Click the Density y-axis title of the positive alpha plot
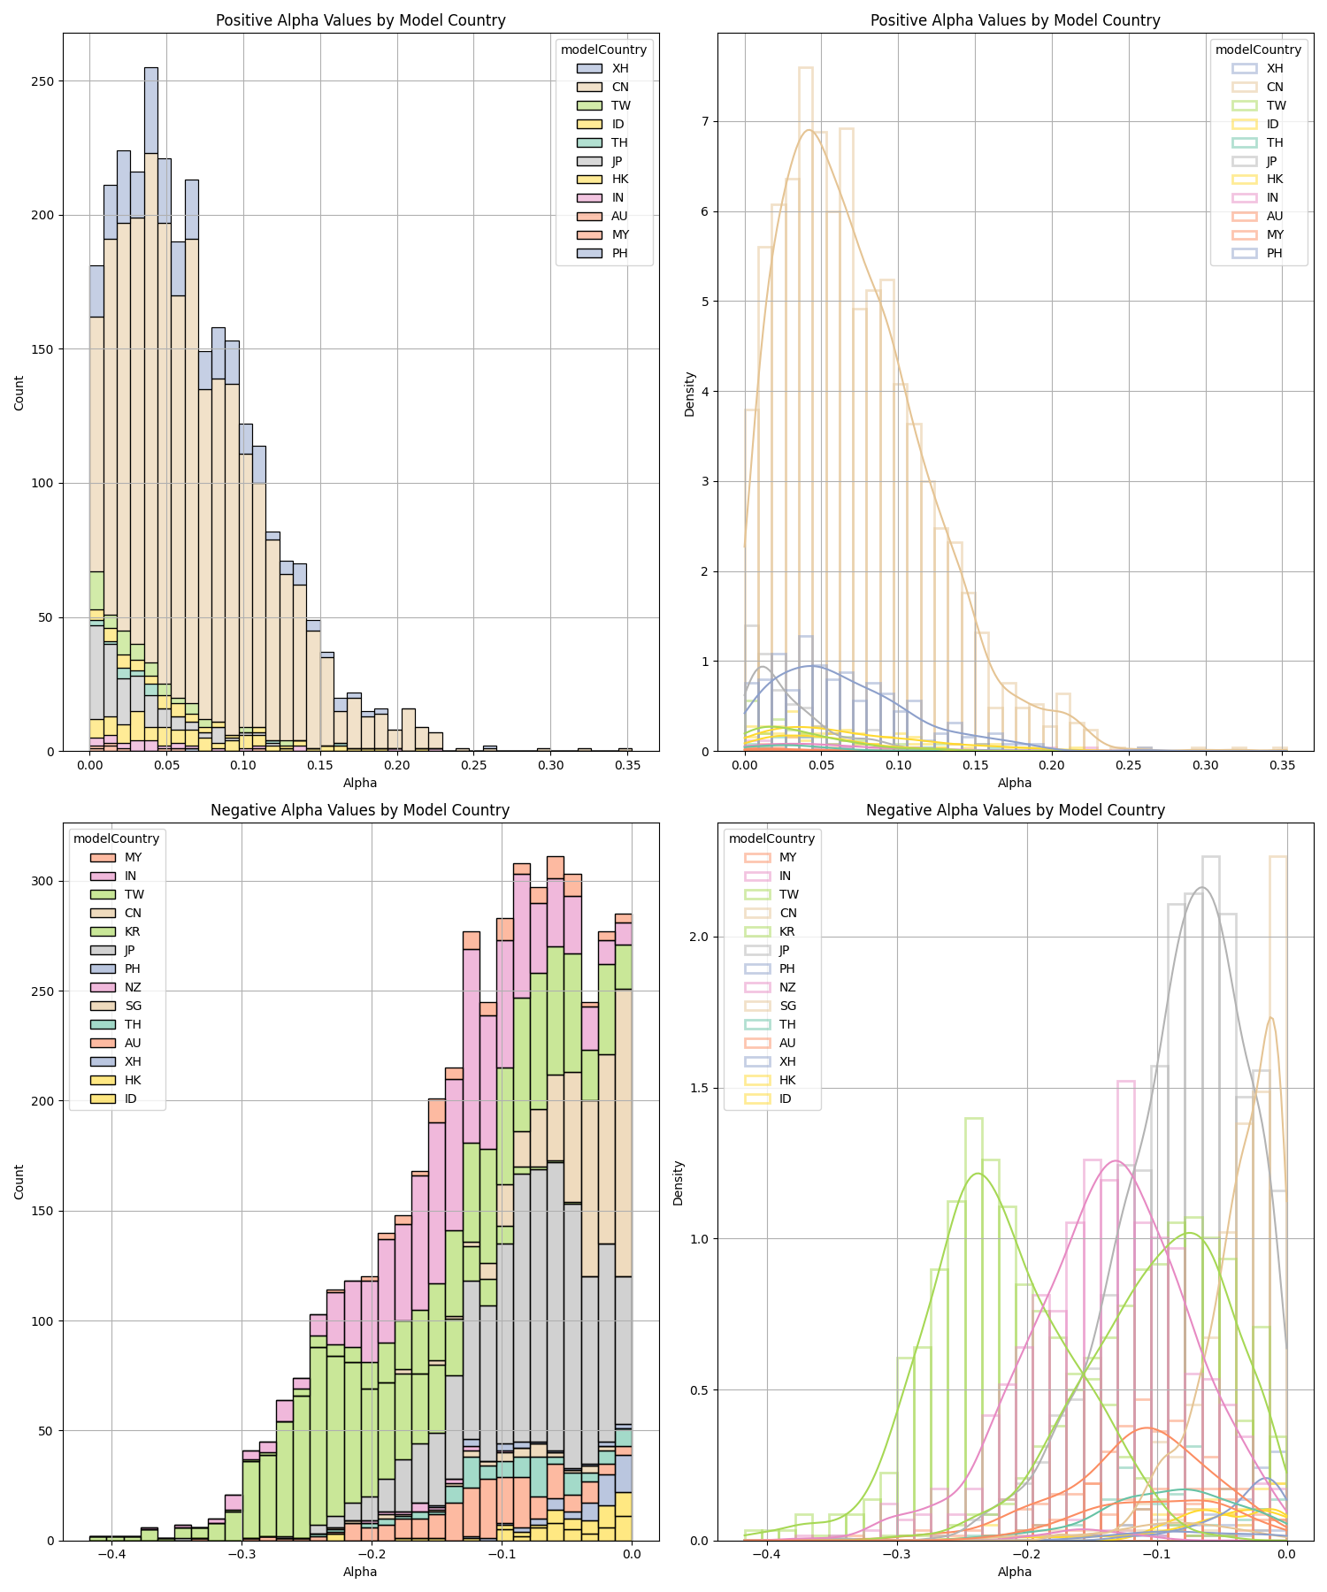click(x=689, y=394)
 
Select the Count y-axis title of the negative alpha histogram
click(x=19, y=1183)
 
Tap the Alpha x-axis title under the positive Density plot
click(x=1015, y=783)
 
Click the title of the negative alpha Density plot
click(x=1015, y=810)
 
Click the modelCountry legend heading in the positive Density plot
click(x=1258, y=50)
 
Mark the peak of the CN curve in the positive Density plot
click(x=809, y=130)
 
